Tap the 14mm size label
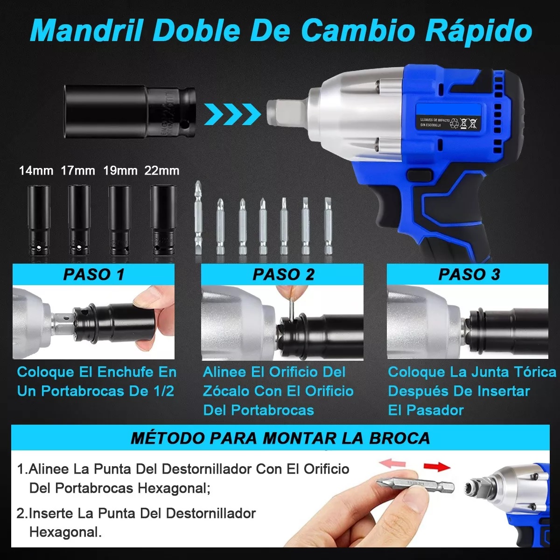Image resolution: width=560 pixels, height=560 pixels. tap(36, 170)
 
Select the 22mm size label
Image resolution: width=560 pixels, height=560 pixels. tap(162, 170)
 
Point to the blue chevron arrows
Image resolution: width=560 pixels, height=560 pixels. tap(232, 114)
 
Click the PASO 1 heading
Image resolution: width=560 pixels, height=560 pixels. tap(94, 274)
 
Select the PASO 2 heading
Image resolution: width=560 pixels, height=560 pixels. tap(283, 274)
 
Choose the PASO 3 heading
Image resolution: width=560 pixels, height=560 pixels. tap(469, 274)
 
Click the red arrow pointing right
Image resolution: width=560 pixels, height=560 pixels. tap(436, 466)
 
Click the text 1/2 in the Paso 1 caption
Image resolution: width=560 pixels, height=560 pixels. tap(163, 391)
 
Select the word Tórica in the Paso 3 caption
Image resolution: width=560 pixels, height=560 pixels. tap(534, 372)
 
